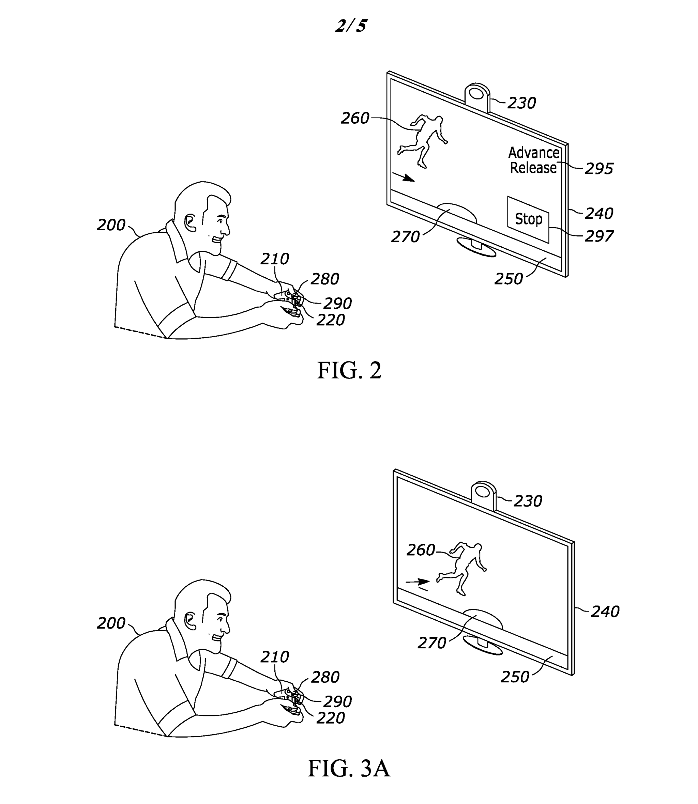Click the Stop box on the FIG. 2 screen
click(528, 220)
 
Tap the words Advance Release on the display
click(534, 160)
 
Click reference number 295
click(599, 169)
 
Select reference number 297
click(599, 236)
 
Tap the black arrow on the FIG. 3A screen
click(418, 582)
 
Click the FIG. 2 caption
click(349, 370)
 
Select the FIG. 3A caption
click(349, 768)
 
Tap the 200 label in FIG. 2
click(111, 225)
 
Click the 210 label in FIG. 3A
click(275, 657)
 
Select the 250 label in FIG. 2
click(508, 279)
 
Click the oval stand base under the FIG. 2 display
click(476, 248)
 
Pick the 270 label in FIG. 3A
click(431, 643)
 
